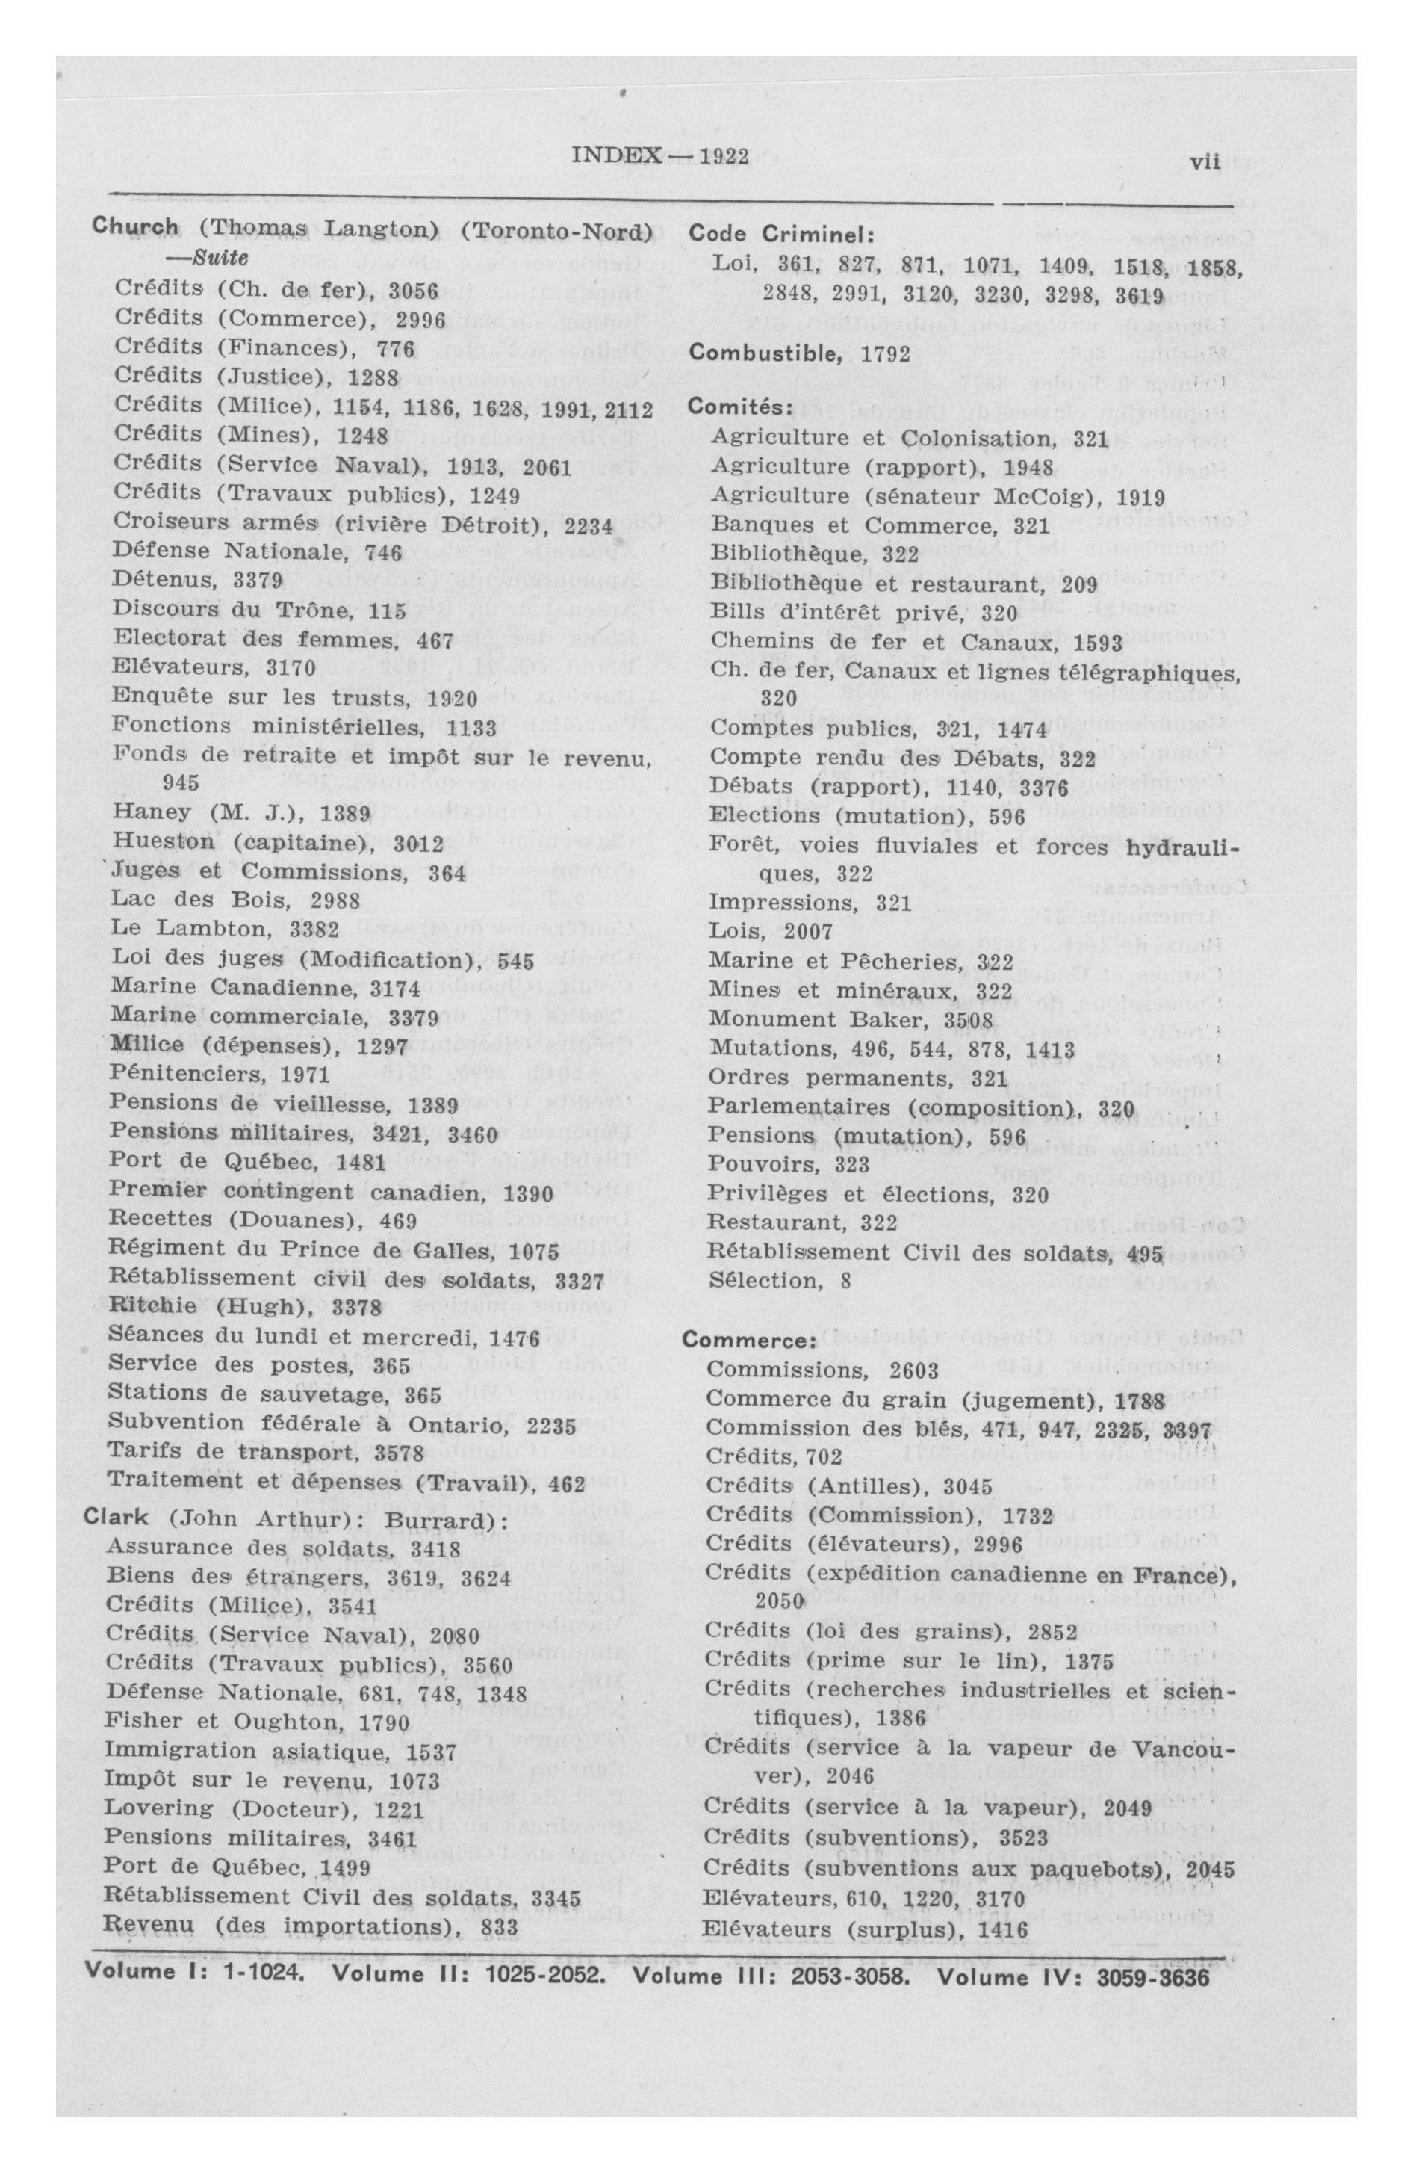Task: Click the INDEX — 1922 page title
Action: (x=659, y=156)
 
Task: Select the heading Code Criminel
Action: (x=781, y=235)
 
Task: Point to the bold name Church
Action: (x=135, y=227)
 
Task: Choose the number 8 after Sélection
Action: (x=846, y=1281)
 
